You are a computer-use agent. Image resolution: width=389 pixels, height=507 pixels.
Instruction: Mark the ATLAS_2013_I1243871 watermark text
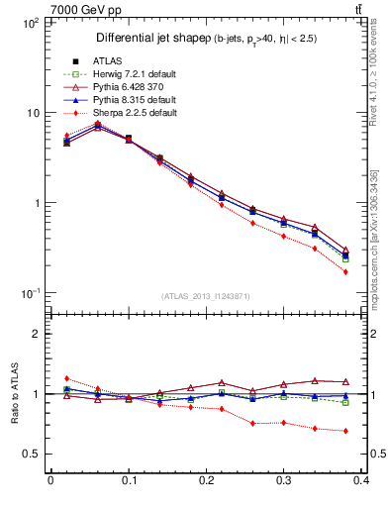[x=206, y=297]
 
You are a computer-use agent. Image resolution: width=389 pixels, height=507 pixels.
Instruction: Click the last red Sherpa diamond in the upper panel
[x=345, y=271]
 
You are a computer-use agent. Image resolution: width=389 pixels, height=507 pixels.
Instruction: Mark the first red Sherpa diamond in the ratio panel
[x=66, y=378]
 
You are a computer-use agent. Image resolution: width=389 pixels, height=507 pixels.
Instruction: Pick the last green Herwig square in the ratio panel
[x=345, y=402]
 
